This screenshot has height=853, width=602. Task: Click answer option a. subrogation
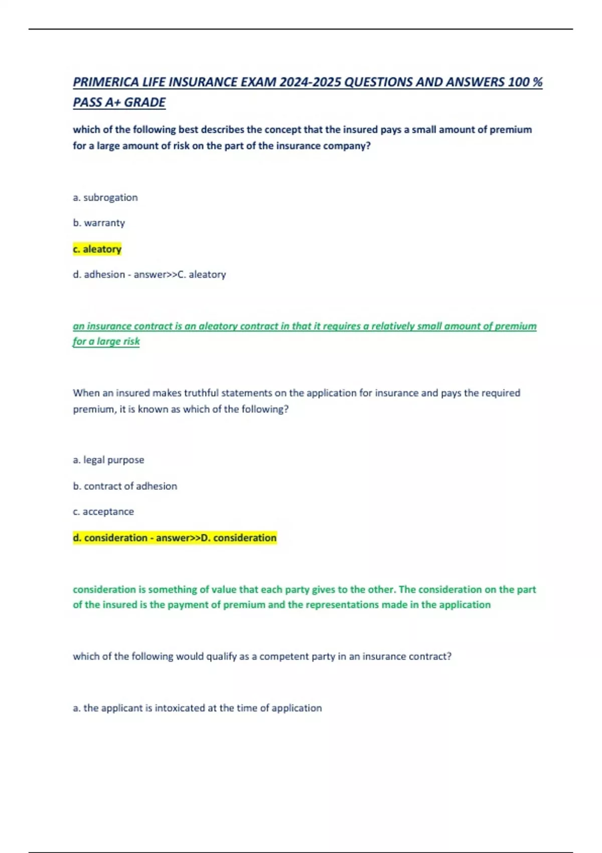(x=105, y=198)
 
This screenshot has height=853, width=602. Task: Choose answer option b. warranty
(x=99, y=223)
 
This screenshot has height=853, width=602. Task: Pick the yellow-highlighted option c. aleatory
(x=97, y=249)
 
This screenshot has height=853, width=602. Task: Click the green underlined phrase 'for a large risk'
(x=106, y=341)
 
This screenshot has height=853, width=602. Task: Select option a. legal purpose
(x=108, y=460)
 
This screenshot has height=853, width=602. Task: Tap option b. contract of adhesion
(x=125, y=486)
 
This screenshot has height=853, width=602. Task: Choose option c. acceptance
(x=103, y=512)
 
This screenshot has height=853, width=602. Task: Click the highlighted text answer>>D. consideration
(x=216, y=538)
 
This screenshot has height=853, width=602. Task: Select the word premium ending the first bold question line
(x=511, y=129)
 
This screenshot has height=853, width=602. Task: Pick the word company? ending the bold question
(x=346, y=146)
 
